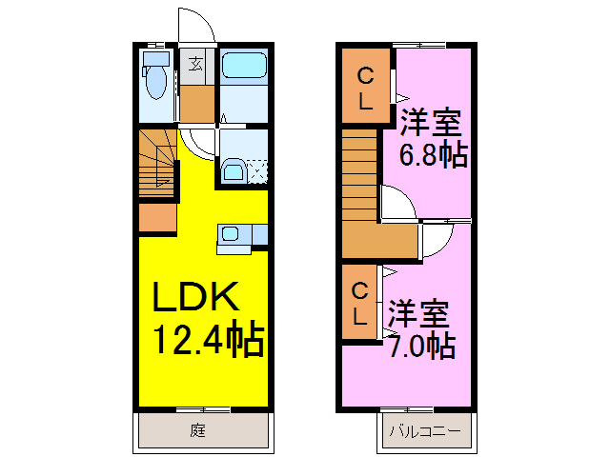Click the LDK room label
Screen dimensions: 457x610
[x=196, y=299]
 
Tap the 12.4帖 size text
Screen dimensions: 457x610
[x=208, y=339]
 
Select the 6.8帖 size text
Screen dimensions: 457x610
[x=433, y=154]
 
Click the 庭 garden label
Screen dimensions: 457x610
[x=197, y=430]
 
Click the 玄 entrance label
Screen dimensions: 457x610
[x=194, y=65]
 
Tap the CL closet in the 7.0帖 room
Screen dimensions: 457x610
[x=359, y=304]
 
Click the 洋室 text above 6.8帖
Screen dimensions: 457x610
[x=431, y=123]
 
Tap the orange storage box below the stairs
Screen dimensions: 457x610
[x=157, y=218]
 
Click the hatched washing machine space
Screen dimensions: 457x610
[x=257, y=172]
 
